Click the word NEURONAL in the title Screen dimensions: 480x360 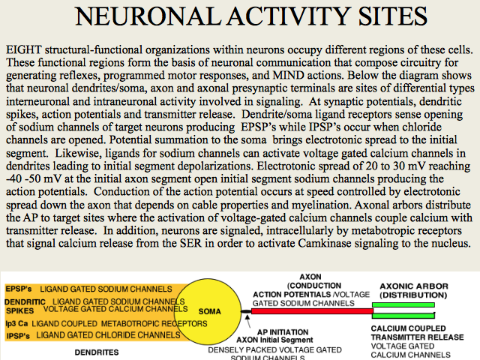tap(148, 16)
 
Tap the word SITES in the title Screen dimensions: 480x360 tap(392, 16)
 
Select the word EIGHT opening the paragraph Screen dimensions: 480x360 tap(24, 49)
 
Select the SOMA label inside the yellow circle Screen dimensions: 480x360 tap(210, 312)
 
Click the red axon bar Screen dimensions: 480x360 tap(312, 311)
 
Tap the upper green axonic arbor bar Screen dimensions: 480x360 tap(403, 305)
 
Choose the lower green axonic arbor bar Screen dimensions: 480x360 tap(403, 316)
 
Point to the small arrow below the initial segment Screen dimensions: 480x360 tap(247, 320)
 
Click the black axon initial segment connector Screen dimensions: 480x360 tap(246, 311)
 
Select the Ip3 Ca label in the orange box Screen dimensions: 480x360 tap(16, 323)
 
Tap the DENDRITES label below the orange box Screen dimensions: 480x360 tap(97, 352)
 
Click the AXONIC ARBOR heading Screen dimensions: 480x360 tap(414, 286)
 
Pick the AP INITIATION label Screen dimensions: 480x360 tap(283, 332)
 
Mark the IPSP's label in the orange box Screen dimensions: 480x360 tap(18, 336)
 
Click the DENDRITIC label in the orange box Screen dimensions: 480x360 tap(25, 302)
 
